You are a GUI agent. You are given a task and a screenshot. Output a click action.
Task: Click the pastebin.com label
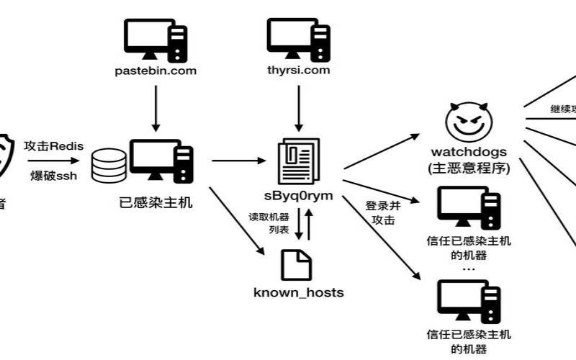tap(156, 71)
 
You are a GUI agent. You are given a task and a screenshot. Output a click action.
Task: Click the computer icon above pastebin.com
tap(156, 38)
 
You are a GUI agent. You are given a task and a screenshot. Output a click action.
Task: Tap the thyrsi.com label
tap(299, 71)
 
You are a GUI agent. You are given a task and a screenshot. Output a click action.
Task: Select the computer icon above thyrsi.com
tap(299, 38)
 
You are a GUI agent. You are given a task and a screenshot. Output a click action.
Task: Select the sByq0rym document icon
tap(299, 160)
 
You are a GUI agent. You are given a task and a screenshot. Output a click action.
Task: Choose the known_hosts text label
tap(299, 292)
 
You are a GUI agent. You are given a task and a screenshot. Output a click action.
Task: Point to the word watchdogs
tap(469, 153)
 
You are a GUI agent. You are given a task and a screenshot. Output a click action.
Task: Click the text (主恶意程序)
tap(469, 170)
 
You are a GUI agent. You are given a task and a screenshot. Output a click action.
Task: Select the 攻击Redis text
tap(54, 146)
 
